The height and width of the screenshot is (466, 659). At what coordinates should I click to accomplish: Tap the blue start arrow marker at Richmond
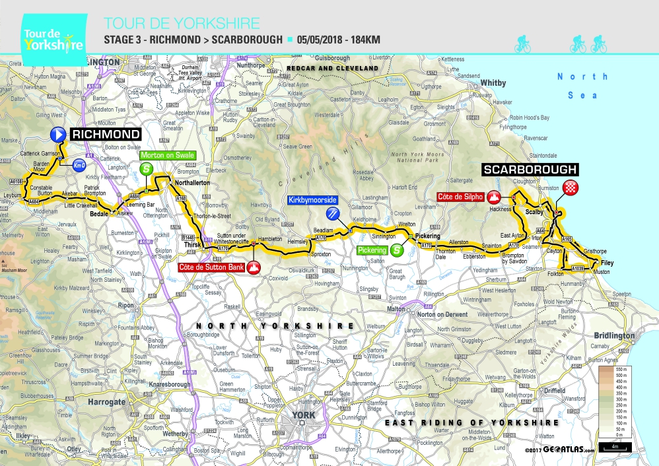pyautogui.click(x=59, y=135)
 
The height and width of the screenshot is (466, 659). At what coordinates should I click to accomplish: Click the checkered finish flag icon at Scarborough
pyautogui.click(x=572, y=187)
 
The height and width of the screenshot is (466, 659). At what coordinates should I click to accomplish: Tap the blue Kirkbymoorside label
pyautogui.click(x=312, y=199)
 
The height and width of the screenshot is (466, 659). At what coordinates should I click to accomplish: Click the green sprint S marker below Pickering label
pyautogui.click(x=396, y=250)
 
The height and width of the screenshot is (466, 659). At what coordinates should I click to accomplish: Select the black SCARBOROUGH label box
pyautogui.click(x=530, y=170)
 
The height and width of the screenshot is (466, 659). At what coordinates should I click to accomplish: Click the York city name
pyautogui.click(x=304, y=415)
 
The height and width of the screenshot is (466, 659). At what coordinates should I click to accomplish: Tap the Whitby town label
pyautogui.click(x=493, y=83)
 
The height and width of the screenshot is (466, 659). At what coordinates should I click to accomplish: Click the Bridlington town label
pyautogui.click(x=613, y=335)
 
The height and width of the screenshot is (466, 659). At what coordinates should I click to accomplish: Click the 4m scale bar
pyautogui.click(x=614, y=448)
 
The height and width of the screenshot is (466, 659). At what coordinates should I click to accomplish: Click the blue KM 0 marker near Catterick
pyautogui.click(x=79, y=164)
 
